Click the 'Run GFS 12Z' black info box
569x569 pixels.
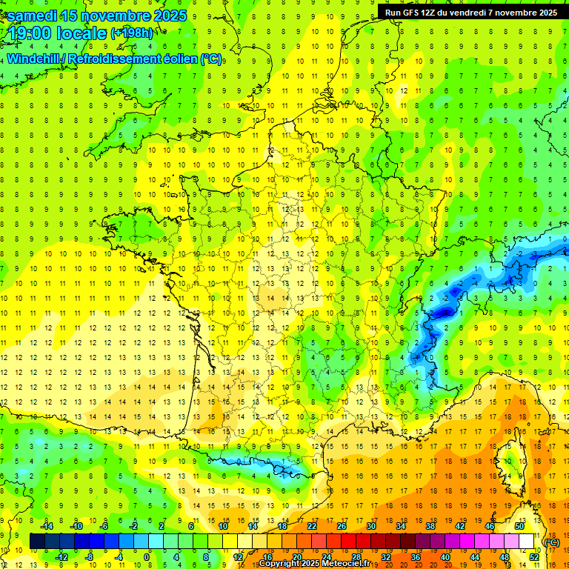coord(470,12)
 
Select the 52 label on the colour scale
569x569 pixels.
coord(534,556)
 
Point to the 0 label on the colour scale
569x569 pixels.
coord(147,556)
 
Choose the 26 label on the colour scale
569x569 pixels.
coord(342,526)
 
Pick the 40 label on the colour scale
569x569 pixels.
coord(445,556)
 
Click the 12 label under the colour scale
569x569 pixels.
coord(238,556)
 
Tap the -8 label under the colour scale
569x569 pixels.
coord(90,556)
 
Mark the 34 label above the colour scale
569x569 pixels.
coord(401,526)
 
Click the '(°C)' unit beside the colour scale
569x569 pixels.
coord(551,542)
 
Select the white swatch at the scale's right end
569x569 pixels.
coord(527,542)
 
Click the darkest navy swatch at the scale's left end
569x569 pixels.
coord(37,542)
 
